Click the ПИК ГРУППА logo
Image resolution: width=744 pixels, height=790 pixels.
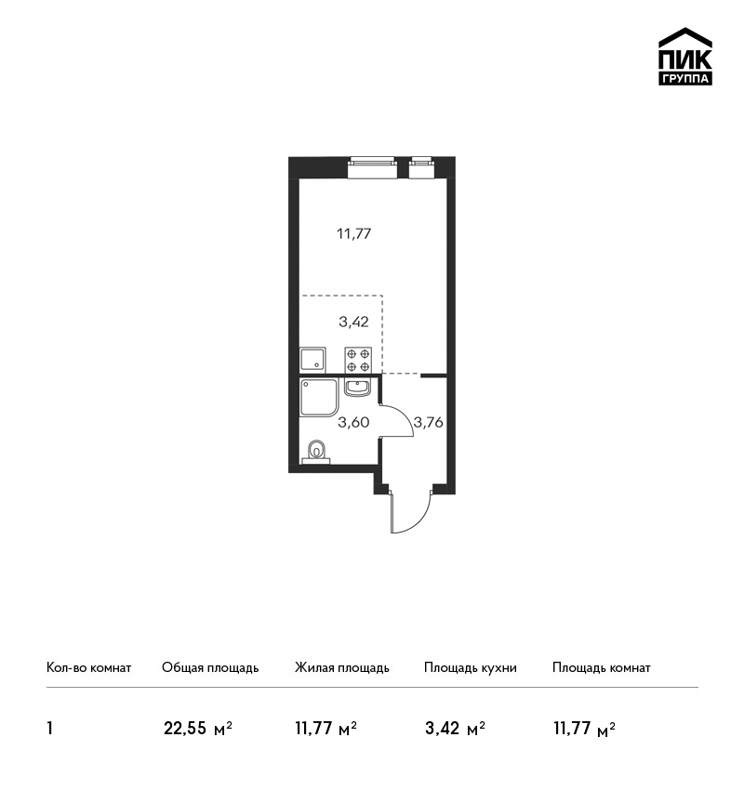point(685,57)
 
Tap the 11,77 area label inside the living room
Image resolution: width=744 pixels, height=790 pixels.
point(353,234)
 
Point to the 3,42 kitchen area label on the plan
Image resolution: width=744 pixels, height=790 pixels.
point(353,322)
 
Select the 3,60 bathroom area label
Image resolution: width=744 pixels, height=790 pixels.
point(353,422)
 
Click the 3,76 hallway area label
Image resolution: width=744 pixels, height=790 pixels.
point(428,422)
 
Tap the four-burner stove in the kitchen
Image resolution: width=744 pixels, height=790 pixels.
point(358,360)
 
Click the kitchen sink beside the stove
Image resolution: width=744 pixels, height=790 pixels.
point(312,360)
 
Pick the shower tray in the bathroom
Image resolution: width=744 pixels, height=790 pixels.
point(319,398)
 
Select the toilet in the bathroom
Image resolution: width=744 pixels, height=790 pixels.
point(316,452)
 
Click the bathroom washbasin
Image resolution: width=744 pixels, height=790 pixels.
point(357,388)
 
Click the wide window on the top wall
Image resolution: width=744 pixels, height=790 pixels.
point(373,168)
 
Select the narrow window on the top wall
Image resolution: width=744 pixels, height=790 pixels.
point(421,168)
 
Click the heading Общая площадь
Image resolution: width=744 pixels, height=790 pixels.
point(210,668)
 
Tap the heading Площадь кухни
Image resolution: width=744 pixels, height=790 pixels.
point(471,668)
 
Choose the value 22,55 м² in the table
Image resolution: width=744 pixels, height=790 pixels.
point(197,729)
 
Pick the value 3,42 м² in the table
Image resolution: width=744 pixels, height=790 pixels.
point(455,729)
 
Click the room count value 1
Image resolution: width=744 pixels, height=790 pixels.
point(49,729)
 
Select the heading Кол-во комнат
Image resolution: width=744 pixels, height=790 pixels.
point(88,668)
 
